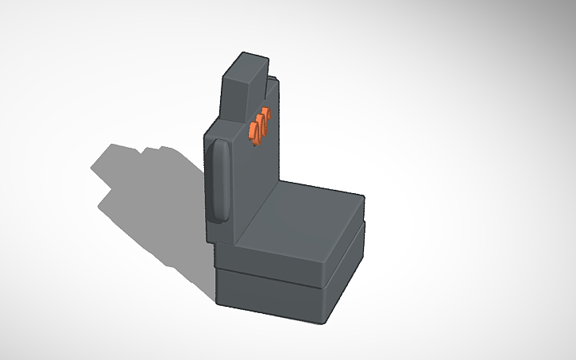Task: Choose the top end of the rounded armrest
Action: pos(221,143)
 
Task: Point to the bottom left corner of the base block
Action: pos(216,301)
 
